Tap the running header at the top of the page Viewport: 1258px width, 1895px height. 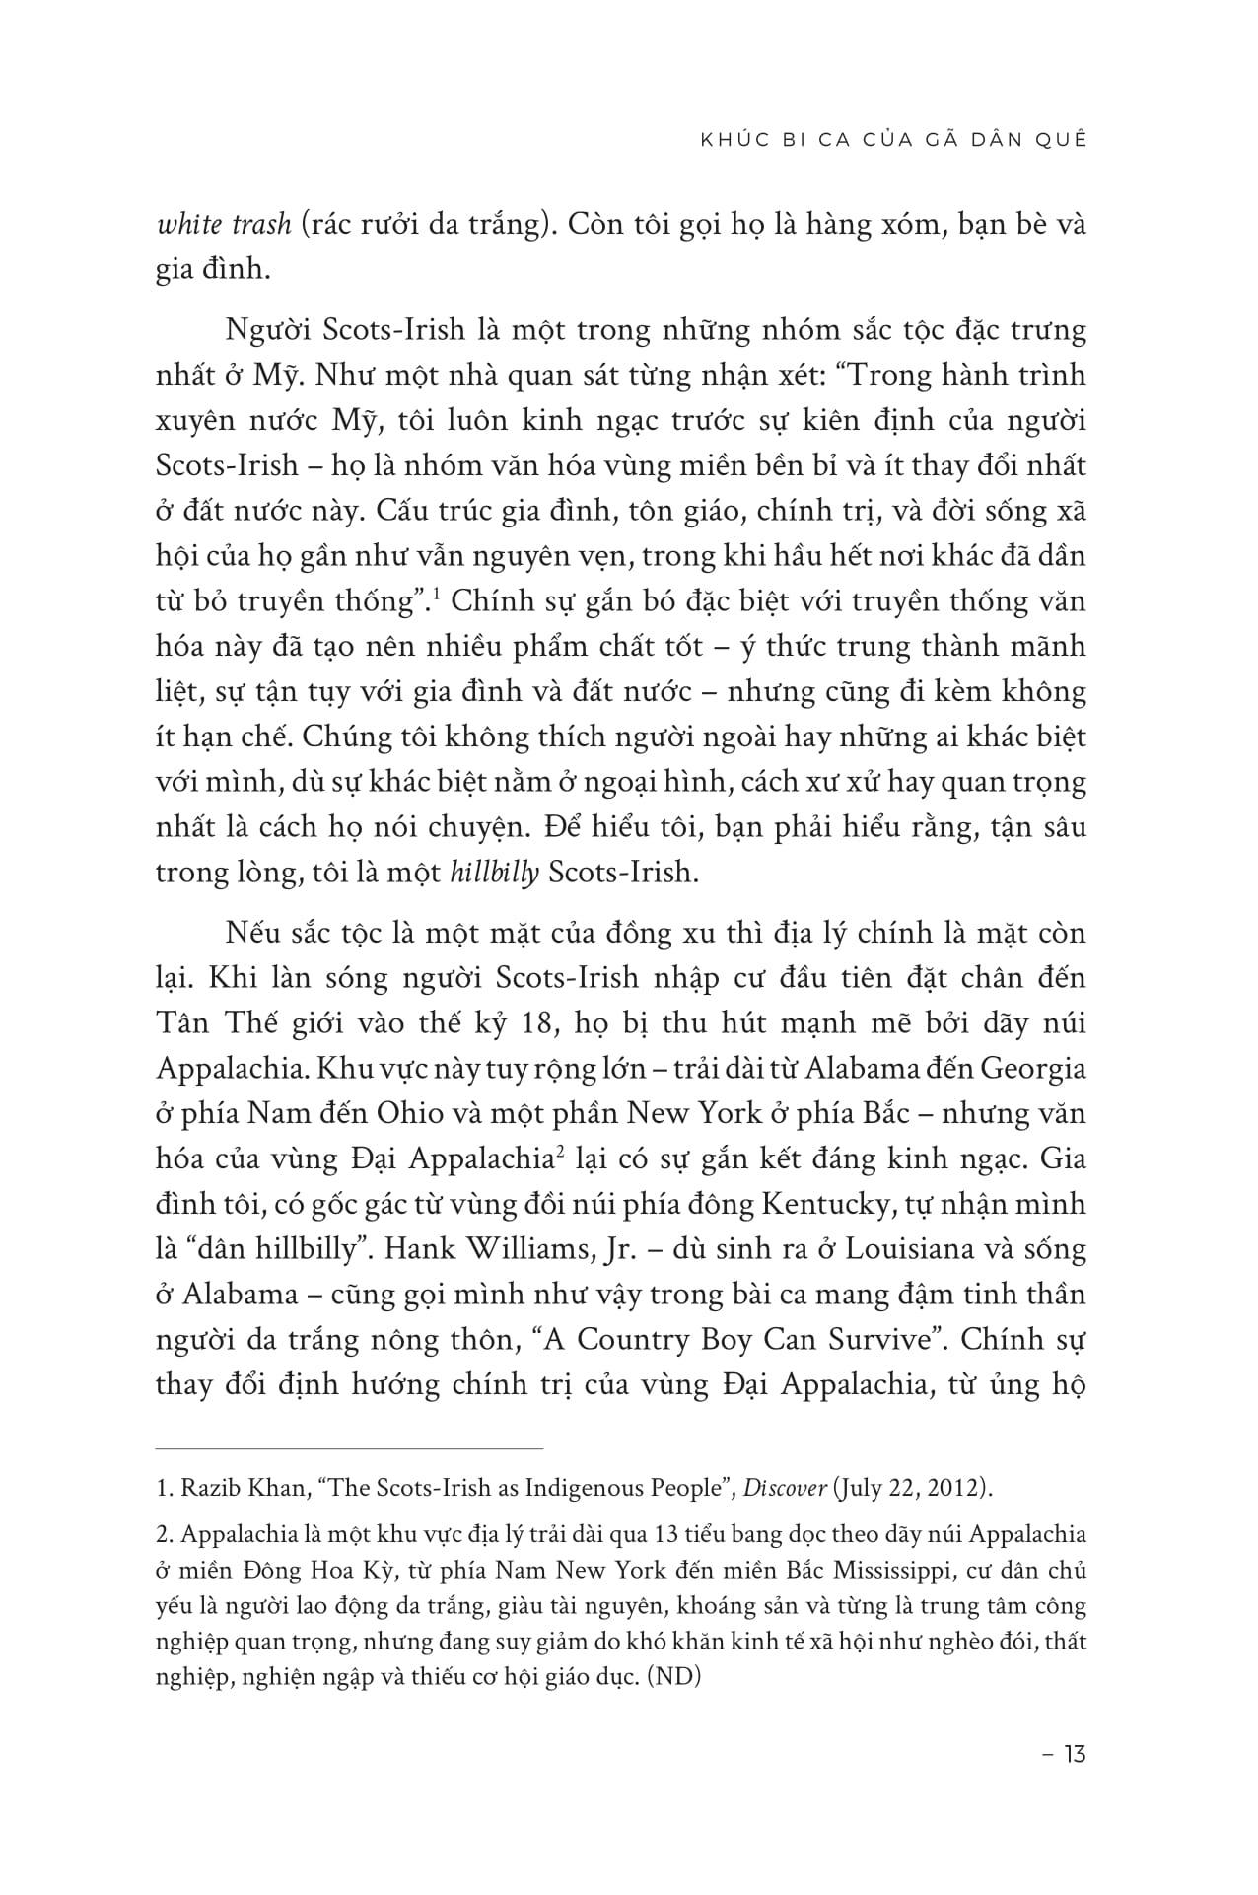892,139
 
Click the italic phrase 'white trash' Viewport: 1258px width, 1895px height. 223,225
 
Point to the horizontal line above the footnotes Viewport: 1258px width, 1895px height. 350,1448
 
